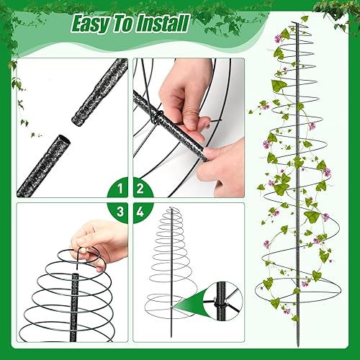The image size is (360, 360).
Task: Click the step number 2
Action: pos(140,190)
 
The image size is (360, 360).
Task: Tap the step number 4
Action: pos(140,212)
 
